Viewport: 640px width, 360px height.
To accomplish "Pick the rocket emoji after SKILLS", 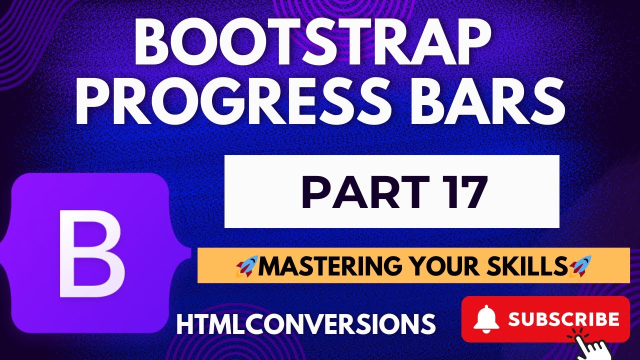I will click(x=580, y=265).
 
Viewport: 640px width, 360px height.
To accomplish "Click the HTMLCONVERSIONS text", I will click(x=306, y=324).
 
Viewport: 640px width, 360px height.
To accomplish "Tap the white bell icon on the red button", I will click(x=487, y=319).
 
